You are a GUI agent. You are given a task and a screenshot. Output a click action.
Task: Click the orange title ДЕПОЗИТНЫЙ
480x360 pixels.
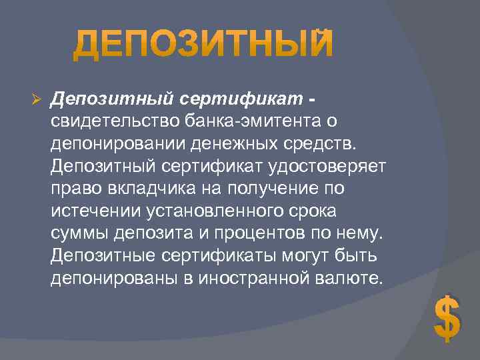point(202,44)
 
